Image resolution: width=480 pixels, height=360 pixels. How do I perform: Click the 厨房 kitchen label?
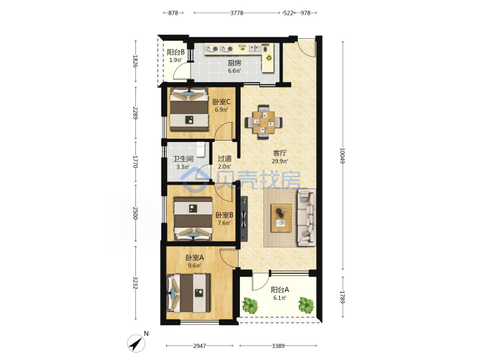pyautogui.click(x=234, y=63)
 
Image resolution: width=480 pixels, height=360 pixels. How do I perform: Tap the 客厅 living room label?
pyautogui.click(x=279, y=153)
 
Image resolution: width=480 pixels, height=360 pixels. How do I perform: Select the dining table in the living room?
pyautogui.click(x=263, y=122)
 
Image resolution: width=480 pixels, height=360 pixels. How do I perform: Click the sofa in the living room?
pyautogui.click(x=307, y=217)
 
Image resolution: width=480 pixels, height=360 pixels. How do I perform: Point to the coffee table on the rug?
pyautogui.click(x=281, y=218)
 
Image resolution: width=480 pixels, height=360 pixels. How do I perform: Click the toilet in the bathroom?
pyautogui.click(x=201, y=149)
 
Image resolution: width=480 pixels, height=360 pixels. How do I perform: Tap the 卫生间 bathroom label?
pyautogui.click(x=183, y=159)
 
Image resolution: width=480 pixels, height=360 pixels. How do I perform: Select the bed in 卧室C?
pyautogui.click(x=189, y=109)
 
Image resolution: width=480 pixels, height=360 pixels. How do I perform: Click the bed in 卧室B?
pyautogui.click(x=193, y=219)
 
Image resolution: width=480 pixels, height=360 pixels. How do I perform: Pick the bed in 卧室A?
pyautogui.click(x=189, y=293)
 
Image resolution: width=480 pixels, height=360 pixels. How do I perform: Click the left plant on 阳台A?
pyautogui.click(x=251, y=305)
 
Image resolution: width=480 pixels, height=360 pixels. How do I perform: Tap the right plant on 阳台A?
pyautogui.click(x=306, y=305)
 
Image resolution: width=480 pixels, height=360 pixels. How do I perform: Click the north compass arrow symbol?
pyautogui.click(x=136, y=343)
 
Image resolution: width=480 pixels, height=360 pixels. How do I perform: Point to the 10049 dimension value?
pyautogui.click(x=342, y=156)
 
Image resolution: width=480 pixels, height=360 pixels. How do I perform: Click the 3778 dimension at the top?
pyautogui.click(x=237, y=13)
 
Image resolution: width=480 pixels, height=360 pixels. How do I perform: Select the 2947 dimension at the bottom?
pyautogui.click(x=199, y=346)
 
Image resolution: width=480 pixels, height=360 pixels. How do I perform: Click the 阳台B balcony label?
pyautogui.click(x=176, y=52)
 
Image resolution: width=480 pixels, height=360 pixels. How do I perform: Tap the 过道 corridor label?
pyautogui.click(x=225, y=159)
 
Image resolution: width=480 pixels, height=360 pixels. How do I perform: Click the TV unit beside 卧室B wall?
pyautogui.click(x=244, y=219)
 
